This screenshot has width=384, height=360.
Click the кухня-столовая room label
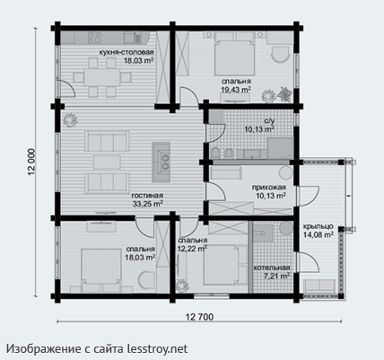(x=127, y=53)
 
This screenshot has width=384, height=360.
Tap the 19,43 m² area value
(x=236, y=89)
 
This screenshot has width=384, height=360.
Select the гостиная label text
(x=147, y=196)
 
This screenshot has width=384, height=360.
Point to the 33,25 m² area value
(x=147, y=204)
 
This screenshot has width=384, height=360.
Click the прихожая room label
(x=269, y=188)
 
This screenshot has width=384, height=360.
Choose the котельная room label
(x=272, y=268)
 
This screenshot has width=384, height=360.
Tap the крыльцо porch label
(x=318, y=226)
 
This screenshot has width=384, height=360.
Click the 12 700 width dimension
(x=199, y=317)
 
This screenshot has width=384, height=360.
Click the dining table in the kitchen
(x=101, y=78)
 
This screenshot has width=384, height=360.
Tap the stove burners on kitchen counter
(x=94, y=38)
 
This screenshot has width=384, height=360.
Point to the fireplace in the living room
(x=161, y=162)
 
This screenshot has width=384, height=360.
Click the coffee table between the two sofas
(x=107, y=162)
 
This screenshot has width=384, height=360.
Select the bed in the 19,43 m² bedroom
(x=235, y=57)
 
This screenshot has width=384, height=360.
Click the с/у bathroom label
(x=269, y=121)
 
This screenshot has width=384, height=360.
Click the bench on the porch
(x=319, y=286)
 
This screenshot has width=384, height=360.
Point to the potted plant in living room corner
(x=70, y=120)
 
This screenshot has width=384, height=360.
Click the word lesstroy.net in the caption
(x=158, y=348)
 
